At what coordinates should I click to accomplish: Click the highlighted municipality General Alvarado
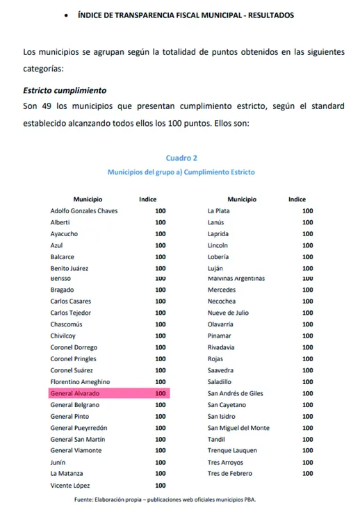tap(75, 393)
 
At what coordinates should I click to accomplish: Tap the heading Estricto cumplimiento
tap(65, 91)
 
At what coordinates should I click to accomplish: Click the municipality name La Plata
tap(219, 210)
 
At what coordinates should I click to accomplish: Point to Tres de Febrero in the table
tap(230, 474)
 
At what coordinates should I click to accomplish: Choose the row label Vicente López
tap(70, 486)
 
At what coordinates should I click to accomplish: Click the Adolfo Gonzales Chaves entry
tap(84, 210)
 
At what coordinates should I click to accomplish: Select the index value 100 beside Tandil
tap(307, 439)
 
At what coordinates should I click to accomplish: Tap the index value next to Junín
tap(161, 463)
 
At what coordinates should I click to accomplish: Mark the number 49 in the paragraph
tap(48, 106)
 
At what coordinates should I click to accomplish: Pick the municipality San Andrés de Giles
tap(236, 393)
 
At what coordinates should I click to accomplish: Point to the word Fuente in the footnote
tap(85, 500)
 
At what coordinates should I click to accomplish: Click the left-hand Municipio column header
tap(88, 199)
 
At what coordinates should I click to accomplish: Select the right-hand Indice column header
tap(297, 199)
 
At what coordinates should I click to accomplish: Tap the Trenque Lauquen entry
tap(232, 451)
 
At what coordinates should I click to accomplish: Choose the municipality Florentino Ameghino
tap(80, 382)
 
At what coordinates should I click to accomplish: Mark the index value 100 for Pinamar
tap(307, 336)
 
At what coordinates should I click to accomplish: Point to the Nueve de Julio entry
tap(228, 313)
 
